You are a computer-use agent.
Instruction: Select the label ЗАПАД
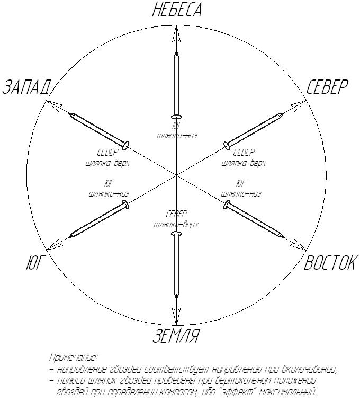point(26,87)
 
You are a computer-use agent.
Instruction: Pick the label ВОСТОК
point(329,263)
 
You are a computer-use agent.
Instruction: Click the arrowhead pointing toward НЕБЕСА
point(177,34)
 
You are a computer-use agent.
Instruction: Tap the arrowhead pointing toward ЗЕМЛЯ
point(176,313)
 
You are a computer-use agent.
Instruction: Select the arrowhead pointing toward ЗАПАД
point(53,104)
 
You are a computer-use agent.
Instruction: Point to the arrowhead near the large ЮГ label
point(53,244)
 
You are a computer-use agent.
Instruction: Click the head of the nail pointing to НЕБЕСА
point(176,117)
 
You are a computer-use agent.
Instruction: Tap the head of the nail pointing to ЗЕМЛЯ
point(176,233)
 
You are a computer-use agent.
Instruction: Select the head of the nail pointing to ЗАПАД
point(126,144)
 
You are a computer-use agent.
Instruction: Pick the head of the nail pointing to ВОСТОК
point(227,203)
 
